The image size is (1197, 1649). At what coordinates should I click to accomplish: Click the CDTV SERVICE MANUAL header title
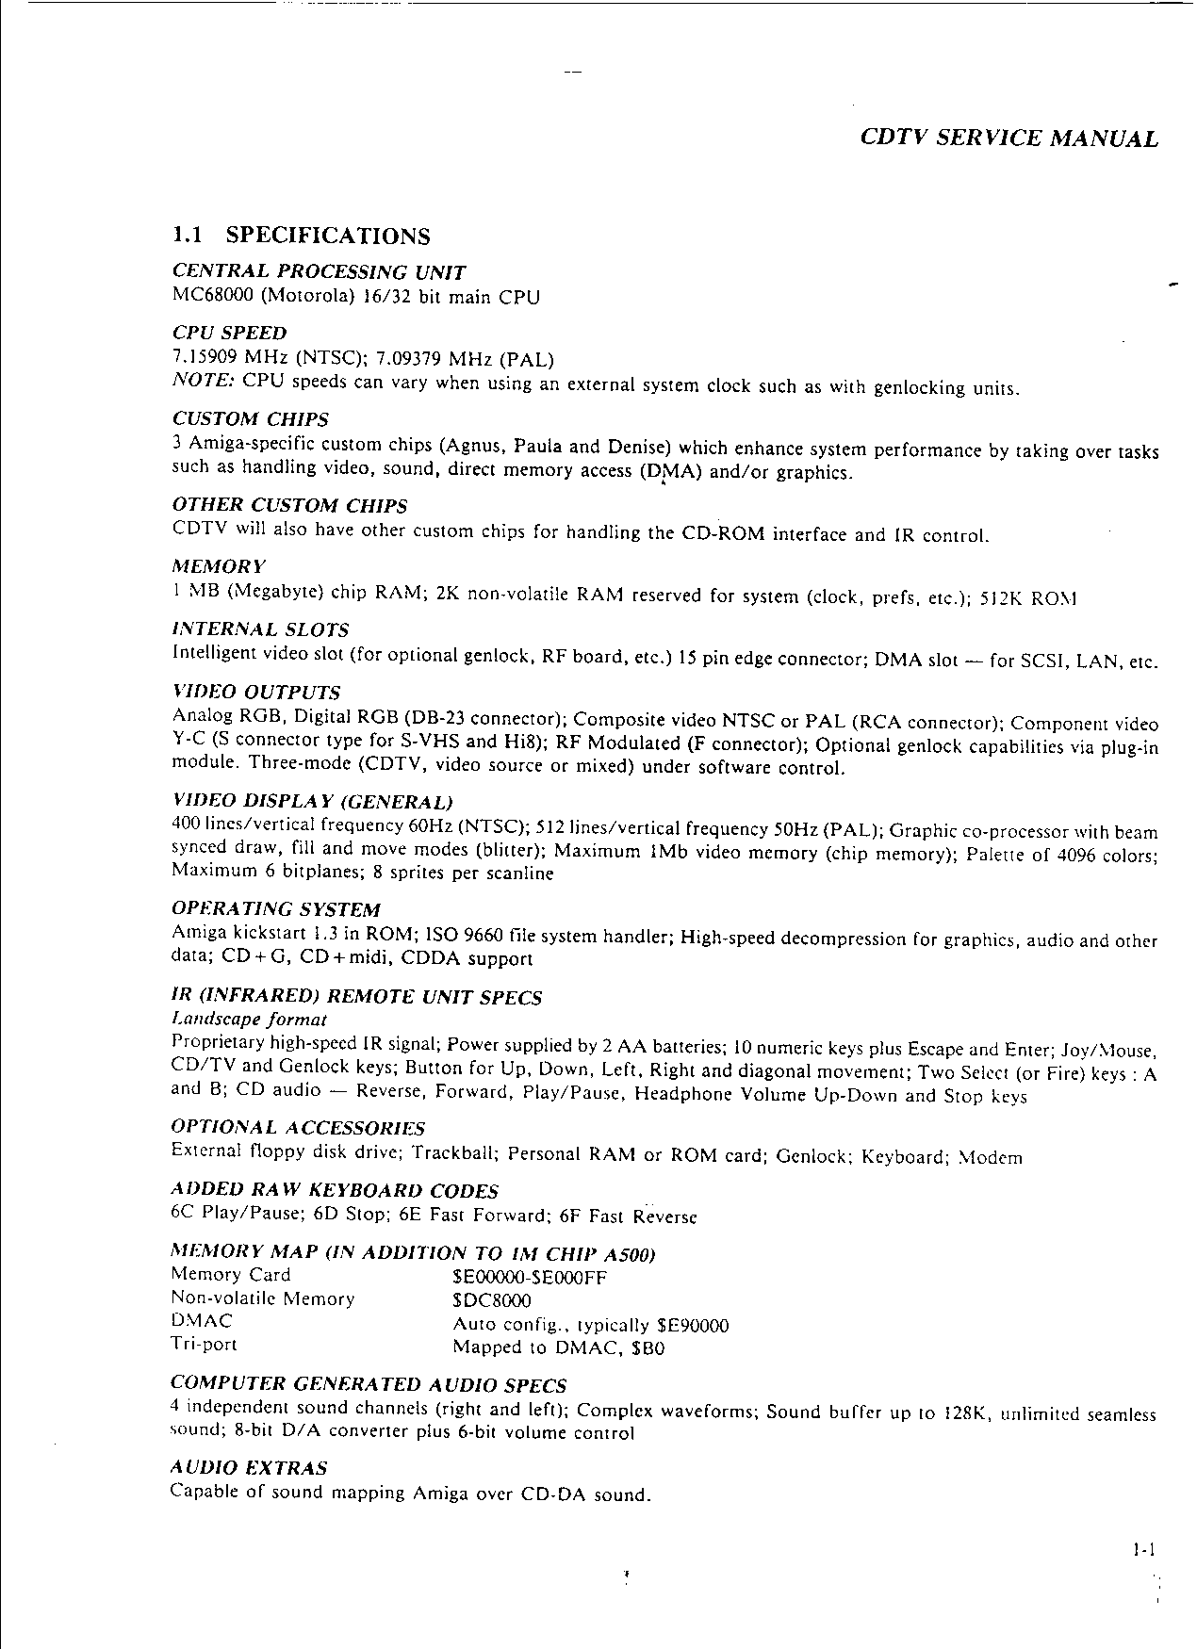coord(1009,139)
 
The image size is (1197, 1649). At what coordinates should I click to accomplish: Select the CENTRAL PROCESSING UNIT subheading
coord(319,272)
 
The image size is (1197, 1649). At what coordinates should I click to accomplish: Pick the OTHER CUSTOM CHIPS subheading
coord(290,506)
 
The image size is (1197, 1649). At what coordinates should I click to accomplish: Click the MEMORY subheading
coord(219,566)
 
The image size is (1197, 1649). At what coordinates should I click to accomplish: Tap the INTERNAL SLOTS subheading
coord(261,629)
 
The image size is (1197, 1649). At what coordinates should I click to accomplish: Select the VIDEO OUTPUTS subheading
coord(256,693)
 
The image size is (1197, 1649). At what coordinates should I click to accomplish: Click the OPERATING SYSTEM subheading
coord(276,909)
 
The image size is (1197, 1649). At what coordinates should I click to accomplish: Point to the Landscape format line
coord(249,1020)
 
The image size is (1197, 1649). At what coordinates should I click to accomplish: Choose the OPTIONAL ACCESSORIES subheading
coord(298,1128)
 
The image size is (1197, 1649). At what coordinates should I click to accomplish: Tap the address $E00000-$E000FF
coord(530,1278)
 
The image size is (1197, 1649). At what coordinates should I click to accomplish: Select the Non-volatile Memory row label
coord(263,1298)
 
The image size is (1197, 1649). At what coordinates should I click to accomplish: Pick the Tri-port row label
coord(204,1345)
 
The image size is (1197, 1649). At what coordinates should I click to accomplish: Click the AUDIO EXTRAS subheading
coord(249,1468)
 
